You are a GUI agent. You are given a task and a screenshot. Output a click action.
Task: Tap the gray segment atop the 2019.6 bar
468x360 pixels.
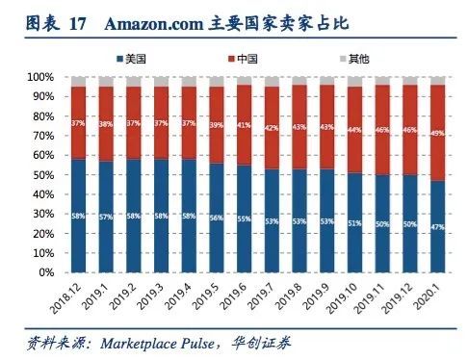click(245, 81)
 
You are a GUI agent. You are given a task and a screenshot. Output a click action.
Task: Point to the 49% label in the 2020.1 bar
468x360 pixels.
click(437, 133)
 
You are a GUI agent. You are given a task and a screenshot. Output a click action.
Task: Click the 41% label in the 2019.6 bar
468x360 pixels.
click(245, 125)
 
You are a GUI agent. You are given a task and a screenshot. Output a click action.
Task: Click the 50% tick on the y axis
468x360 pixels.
click(42, 175)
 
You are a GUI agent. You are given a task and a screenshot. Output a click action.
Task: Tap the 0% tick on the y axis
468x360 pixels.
click(45, 273)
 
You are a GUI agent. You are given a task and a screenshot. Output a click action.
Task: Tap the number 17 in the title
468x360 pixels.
click(78, 22)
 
